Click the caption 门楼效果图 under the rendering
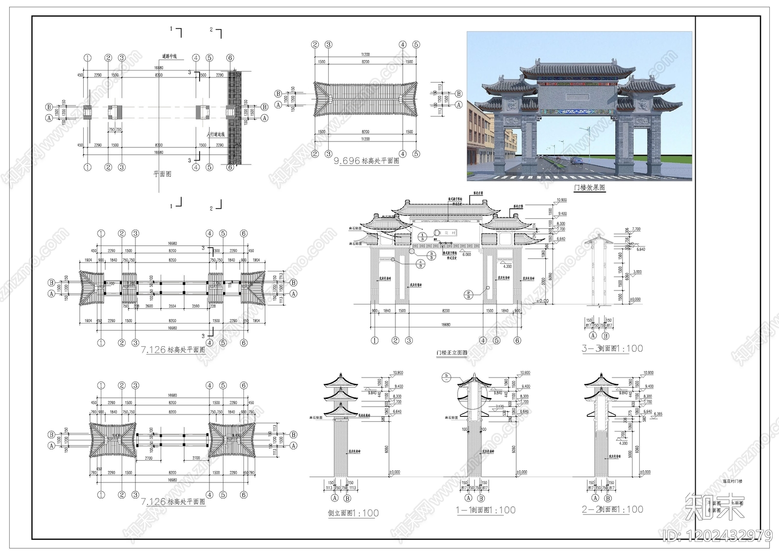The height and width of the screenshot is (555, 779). pos(589,187)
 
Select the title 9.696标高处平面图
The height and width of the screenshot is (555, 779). pos(366,161)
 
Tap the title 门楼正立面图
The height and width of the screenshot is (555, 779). pos(451,353)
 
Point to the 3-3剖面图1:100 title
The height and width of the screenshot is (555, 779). pos(612,348)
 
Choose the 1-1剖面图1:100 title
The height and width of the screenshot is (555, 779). pos(485,510)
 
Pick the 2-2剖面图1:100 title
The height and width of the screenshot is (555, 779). pos(612,509)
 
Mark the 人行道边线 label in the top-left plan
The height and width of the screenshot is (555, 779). pos(215,134)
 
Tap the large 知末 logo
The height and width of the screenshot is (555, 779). pos(714,506)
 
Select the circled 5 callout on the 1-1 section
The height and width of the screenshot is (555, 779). pos(447,376)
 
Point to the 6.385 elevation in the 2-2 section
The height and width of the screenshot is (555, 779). pos(658,414)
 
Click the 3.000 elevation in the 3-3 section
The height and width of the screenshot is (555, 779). pos(637,272)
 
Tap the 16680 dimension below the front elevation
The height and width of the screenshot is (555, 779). pos(445,324)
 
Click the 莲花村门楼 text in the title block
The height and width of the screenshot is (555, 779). pos(732,481)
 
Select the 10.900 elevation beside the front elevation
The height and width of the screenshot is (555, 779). pos(561,200)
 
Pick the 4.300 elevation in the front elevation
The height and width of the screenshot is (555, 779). pos(507,266)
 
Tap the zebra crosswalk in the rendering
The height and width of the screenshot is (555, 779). pos(579,177)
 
